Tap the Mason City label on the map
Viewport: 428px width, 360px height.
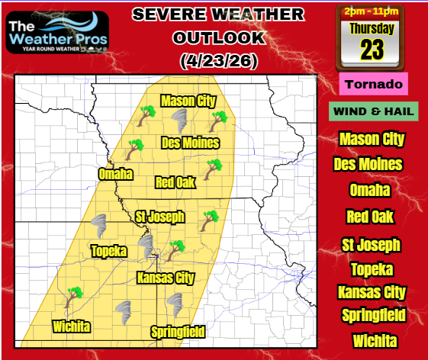[188, 101]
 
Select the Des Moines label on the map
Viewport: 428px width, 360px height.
[191, 143]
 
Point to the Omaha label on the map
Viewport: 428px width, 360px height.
[115, 174]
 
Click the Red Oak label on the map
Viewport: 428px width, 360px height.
[175, 182]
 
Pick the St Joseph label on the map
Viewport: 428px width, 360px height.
[159, 217]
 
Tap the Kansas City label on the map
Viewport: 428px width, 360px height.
[165, 278]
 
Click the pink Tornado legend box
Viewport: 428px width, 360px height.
[374, 83]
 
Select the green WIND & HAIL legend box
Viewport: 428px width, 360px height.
[374, 111]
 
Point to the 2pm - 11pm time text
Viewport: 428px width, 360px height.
[372, 11]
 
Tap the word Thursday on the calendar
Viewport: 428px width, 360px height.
[372, 29]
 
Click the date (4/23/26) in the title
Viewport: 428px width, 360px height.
[216, 59]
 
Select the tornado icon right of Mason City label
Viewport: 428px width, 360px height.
[181, 118]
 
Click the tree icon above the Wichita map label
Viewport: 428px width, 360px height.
[74, 294]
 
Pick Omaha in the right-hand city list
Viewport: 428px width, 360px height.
[372, 191]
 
